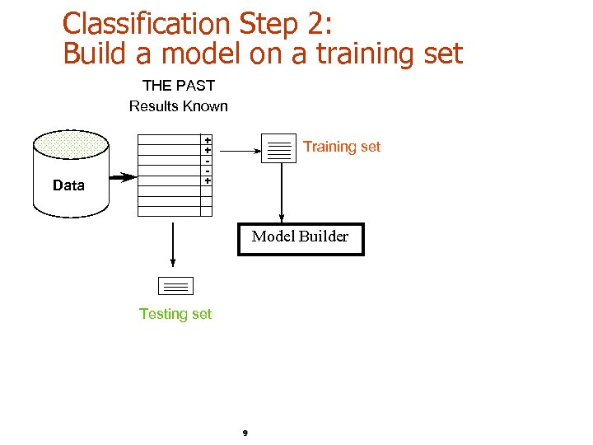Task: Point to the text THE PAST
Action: click(179, 85)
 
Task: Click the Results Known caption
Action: click(179, 105)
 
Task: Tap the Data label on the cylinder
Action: click(68, 185)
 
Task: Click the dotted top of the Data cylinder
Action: click(70, 145)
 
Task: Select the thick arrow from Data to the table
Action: click(123, 177)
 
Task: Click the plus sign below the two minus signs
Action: click(208, 180)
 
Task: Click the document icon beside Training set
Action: click(279, 148)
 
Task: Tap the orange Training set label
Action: click(342, 147)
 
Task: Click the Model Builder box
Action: click(301, 238)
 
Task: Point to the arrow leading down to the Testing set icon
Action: click(173, 242)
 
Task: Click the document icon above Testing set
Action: click(175, 286)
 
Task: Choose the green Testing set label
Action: click(175, 314)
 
